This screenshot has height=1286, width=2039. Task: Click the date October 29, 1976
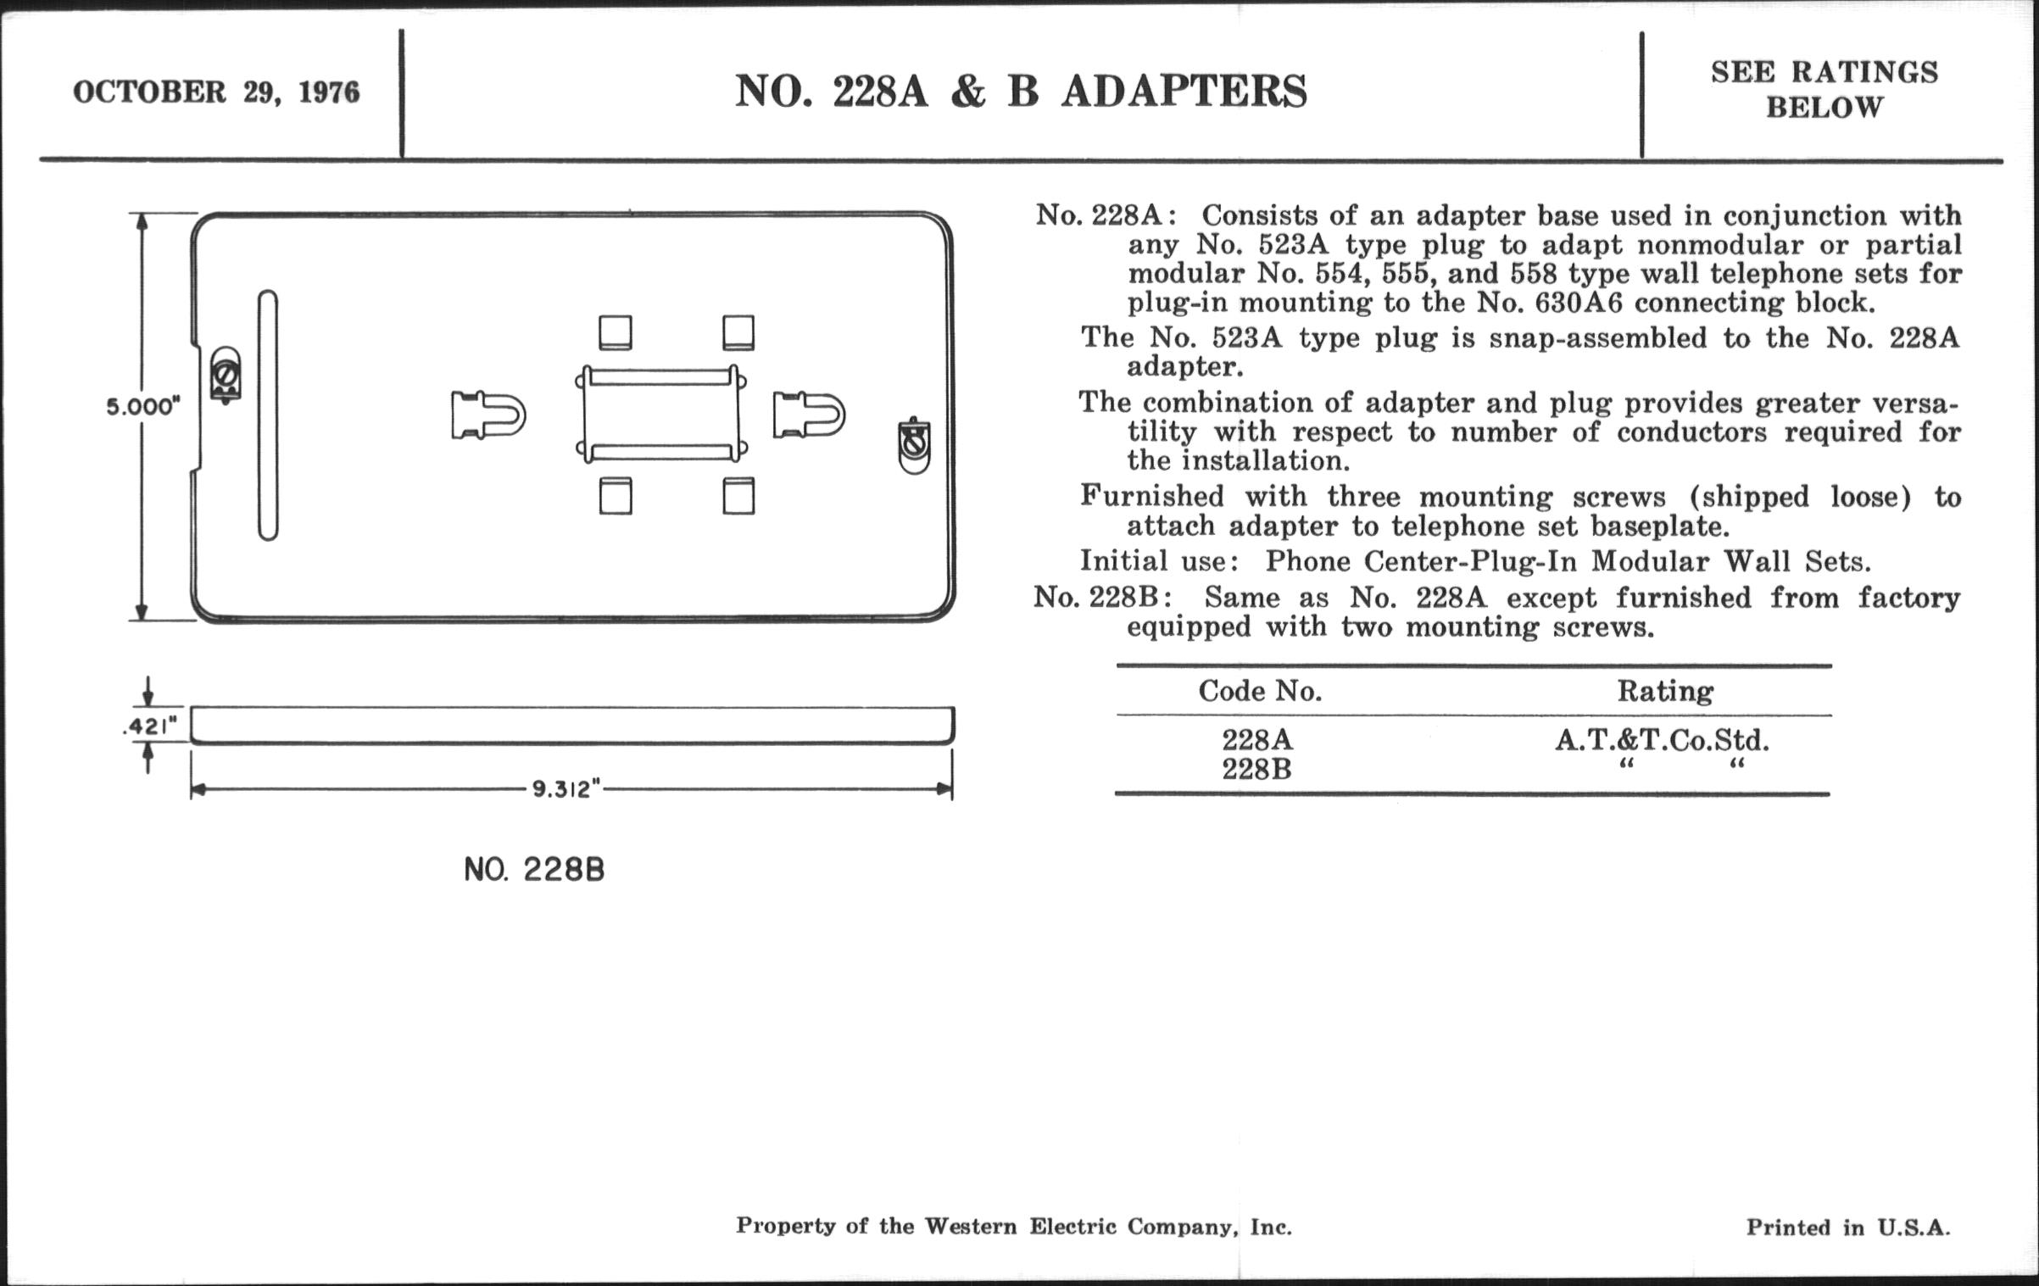[x=216, y=92]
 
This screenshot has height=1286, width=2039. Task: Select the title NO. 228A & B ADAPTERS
[x=1021, y=92]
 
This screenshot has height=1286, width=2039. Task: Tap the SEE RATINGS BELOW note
[x=1824, y=90]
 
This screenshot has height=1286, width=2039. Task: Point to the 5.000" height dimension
[x=143, y=407]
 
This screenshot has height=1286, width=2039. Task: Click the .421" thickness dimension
[x=151, y=727]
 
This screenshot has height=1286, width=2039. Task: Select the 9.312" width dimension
[x=566, y=789]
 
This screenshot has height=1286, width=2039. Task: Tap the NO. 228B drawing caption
[x=534, y=870]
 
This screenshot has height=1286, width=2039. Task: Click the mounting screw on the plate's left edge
[x=226, y=374]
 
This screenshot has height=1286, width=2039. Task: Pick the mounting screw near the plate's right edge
[x=914, y=445]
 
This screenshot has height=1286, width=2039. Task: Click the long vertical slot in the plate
[x=268, y=415]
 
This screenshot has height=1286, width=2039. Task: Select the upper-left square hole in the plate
[x=616, y=333]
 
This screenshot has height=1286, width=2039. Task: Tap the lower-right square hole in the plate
[x=738, y=496]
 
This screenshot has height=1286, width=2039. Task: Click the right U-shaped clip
[x=809, y=415]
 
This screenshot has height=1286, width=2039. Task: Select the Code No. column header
[x=1260, y=692]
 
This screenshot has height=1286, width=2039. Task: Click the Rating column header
[x=1665, y=692]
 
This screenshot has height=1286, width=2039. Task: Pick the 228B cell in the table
[x=1256, y=770]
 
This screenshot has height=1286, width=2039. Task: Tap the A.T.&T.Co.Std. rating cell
[x=1662, y=741]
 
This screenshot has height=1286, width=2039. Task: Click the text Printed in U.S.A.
[x=1848, y=1227]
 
